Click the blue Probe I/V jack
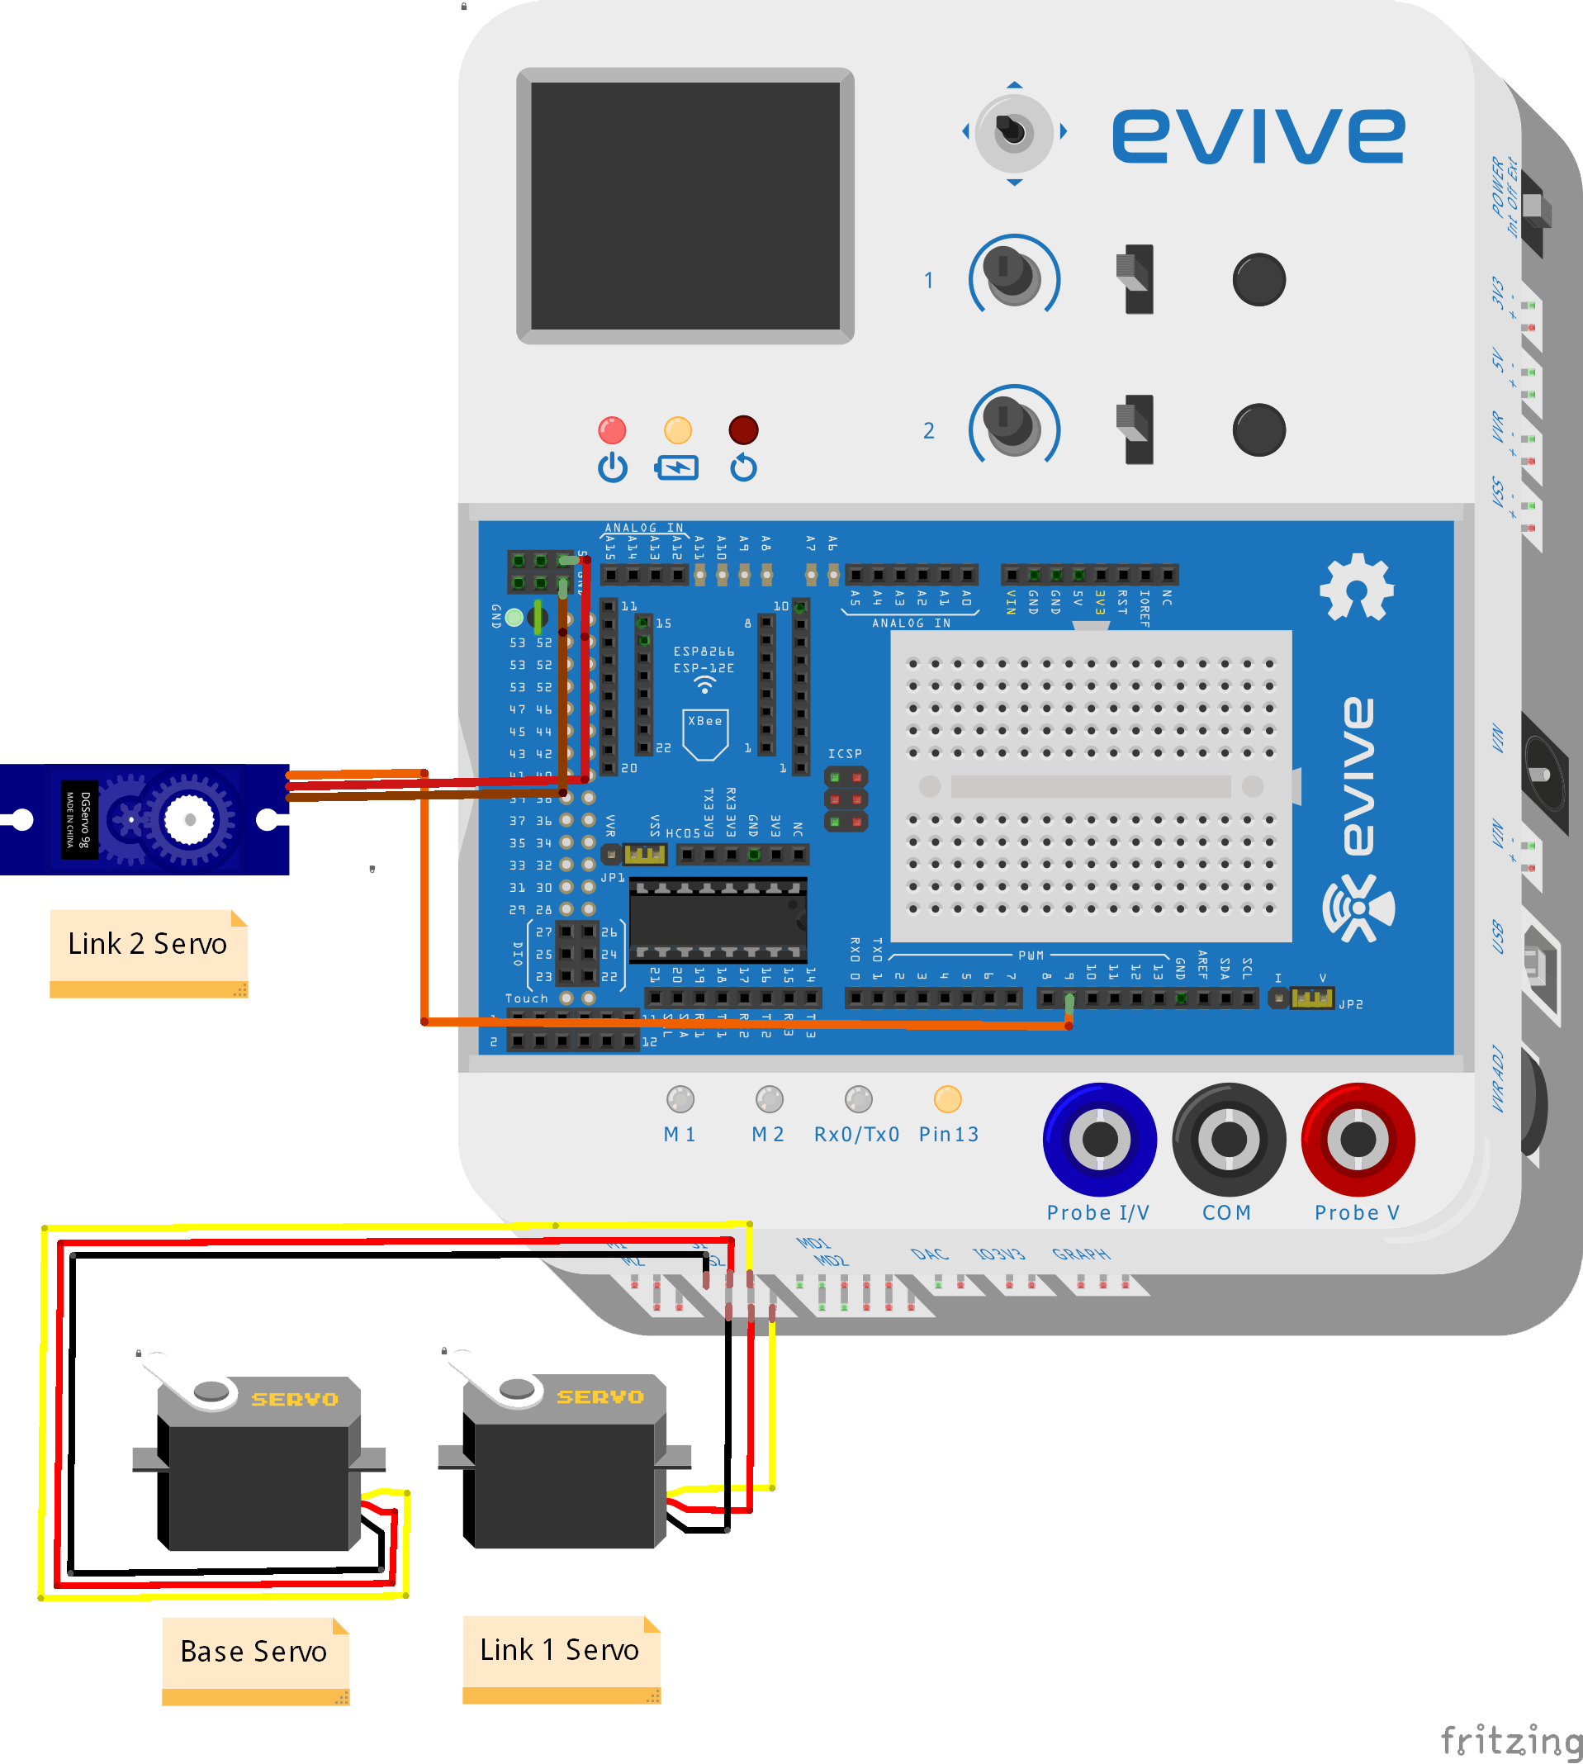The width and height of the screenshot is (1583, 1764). (1099, 1139)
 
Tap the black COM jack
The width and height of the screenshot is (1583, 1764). (1228, 1139)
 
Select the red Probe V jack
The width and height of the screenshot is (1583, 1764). (1358, 1139)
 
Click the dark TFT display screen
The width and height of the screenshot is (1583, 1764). (685, 206)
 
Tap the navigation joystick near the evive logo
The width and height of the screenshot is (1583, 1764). (1013, 132)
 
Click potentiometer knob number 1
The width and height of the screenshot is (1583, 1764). (1013, 277)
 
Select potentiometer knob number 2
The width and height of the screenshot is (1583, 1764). (1013, 426)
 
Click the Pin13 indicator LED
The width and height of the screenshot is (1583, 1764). (947, 1099)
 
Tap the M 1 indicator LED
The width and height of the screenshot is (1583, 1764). (680, 1099)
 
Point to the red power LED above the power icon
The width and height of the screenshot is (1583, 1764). (613, 429)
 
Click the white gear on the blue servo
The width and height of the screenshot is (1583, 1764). (189, 819)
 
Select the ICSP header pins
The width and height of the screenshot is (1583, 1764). (846, 799)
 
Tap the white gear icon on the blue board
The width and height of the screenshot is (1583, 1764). (1356, 588)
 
